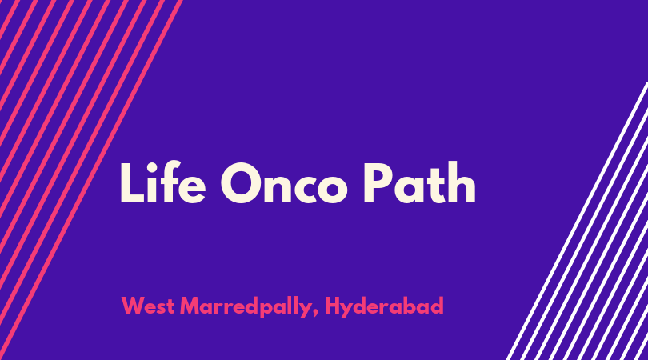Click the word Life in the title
tap(163, 182)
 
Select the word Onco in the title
tap(284, 183)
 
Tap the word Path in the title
tap(419, 182)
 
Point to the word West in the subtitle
tap(148, 306)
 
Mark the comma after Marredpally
tap(315, 314)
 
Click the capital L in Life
tap(132, 182)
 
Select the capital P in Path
tap(378, 182)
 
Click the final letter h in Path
tap(463, 182)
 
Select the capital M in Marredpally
tap(190, 306)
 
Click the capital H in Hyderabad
tap(333, 306)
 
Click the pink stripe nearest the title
tap(91, 180)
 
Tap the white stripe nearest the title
tap(577, 221)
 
